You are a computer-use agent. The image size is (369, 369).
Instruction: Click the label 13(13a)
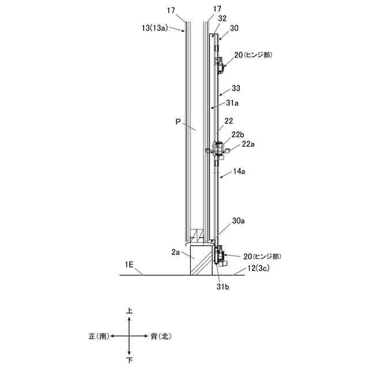click(155, 28)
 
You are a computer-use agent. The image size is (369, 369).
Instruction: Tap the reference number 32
click(222, 18)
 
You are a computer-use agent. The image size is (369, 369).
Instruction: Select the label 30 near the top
click(234, 28)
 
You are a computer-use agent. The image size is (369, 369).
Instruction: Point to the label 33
click(236, 88)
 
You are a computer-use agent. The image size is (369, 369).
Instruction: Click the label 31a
click(232, 103)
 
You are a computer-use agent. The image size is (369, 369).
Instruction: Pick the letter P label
click(178, 122)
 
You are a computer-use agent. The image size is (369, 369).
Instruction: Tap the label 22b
click(238, 134)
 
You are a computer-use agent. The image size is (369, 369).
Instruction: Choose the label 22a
click(248, 144)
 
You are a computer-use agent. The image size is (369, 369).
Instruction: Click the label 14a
click(239, 171)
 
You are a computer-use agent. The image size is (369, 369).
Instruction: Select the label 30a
click(238, 221)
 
